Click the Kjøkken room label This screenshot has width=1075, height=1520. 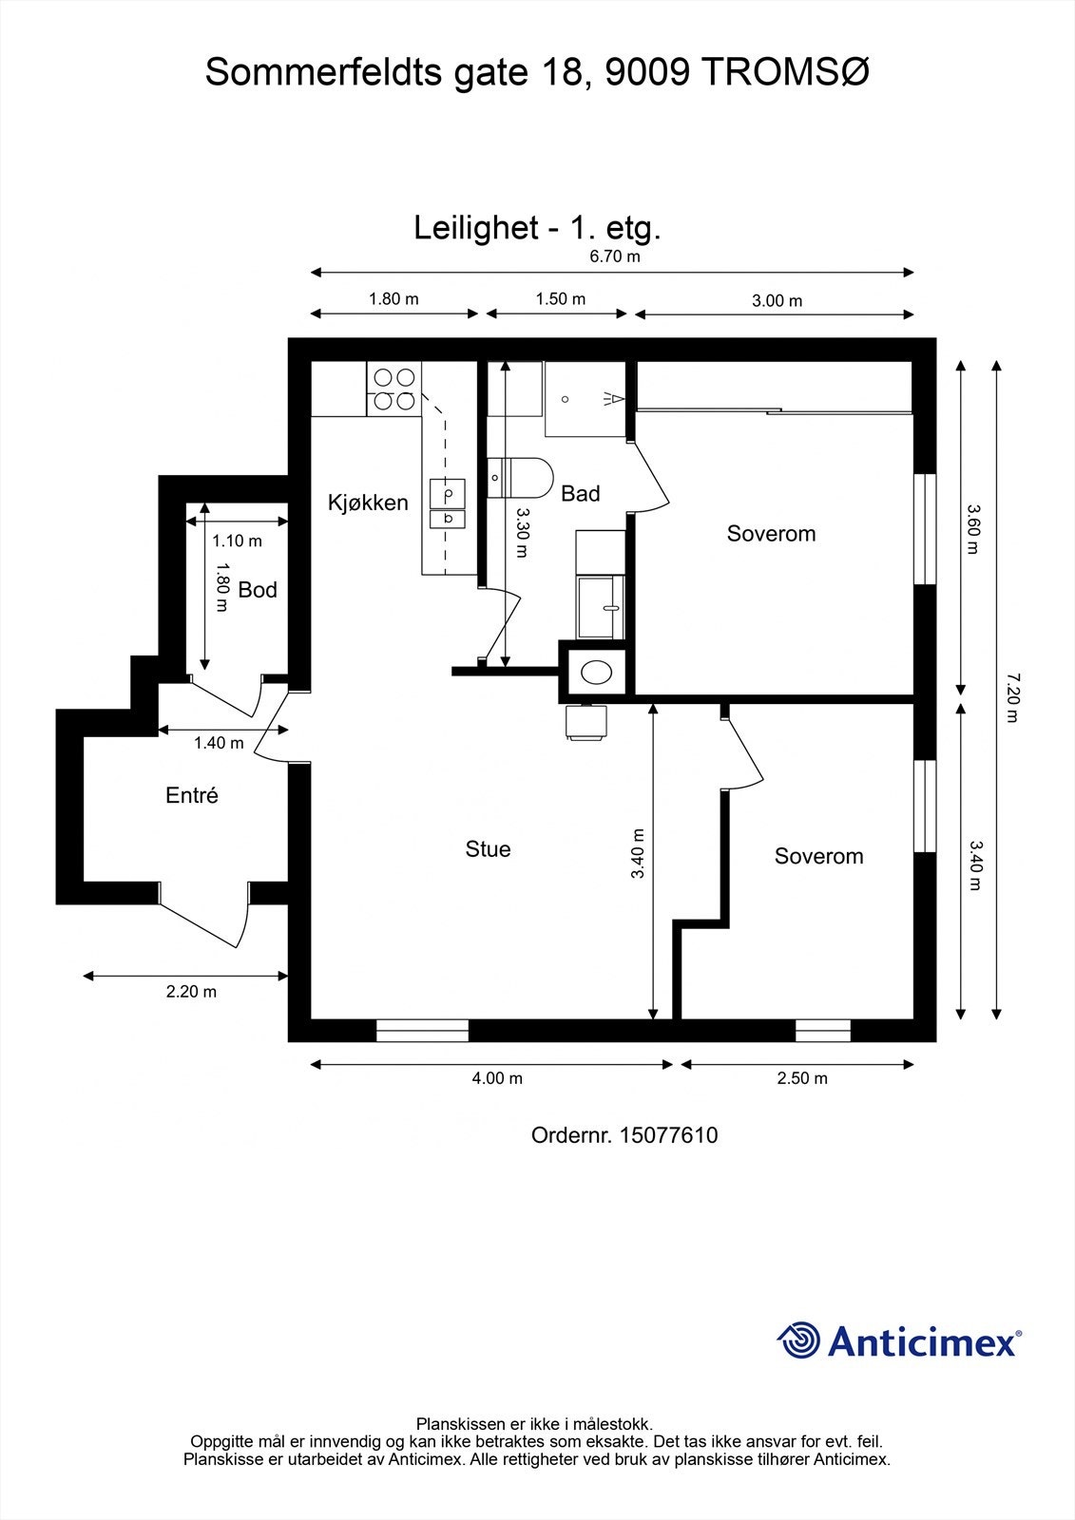pyautogui.click(x=368, y=503)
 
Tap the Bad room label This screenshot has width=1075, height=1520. pyautogui.click(x=581, y=493)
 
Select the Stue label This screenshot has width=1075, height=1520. pyautogui.click(x=488, y=849)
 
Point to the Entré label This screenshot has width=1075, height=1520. pyautogui.click(x=192, y=794)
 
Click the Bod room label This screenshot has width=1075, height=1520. pyautogui.click(x=258, y=590)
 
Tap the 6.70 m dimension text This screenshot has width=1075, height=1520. pyautogui.click(x=615, y=256)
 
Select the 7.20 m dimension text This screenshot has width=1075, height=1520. pyautogui.click(x=1012, y=697)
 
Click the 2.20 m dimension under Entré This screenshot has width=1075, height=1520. pyautogui.click(x=191, y=992)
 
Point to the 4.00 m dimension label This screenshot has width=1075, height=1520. pyautogui.click(x=497, y=1078)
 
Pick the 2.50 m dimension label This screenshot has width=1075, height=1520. pyautogui.click(x=802, y=1078)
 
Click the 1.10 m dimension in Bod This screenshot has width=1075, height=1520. pyautogui.click(x=237, y=541)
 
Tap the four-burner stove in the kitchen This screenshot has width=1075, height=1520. pyautogui.click(x=394, y=389)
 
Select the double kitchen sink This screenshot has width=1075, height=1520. pyautogui.click(x=448, y=503)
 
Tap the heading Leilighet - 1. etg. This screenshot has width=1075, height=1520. pyautogui.click(x=537, y=228)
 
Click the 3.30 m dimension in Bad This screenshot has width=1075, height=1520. pyautogui.click(x=522, y=533)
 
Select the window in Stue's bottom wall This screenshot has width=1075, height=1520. pyautogui.click(x=422, y=1030)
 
